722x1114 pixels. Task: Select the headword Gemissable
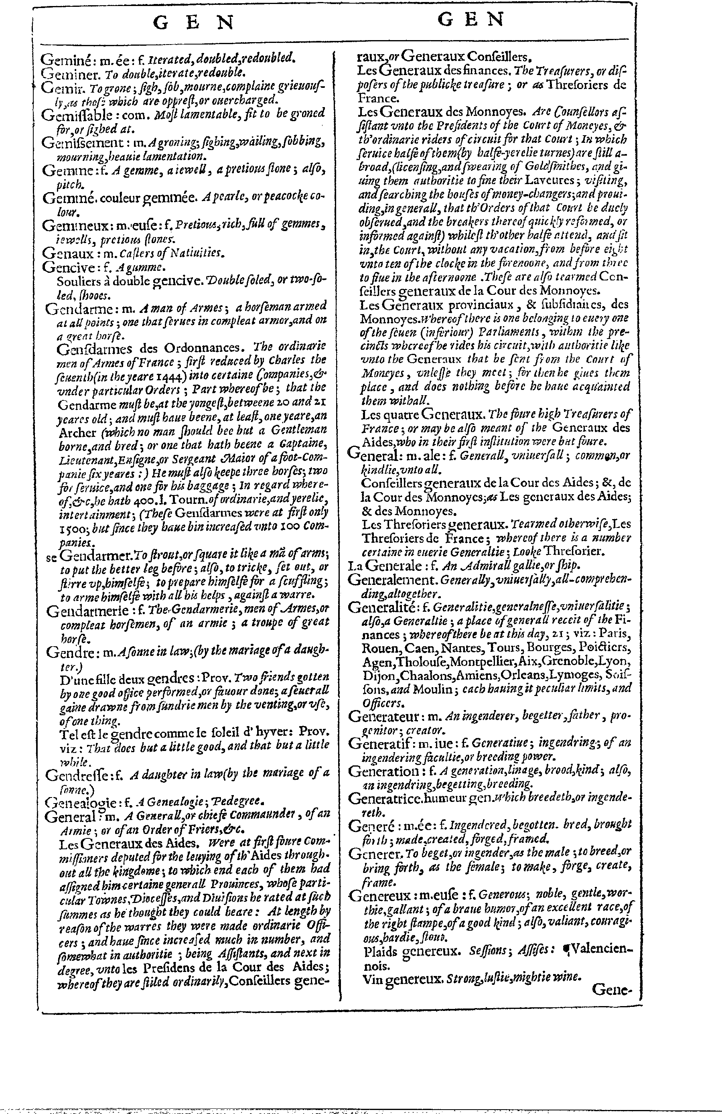(76, 115)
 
